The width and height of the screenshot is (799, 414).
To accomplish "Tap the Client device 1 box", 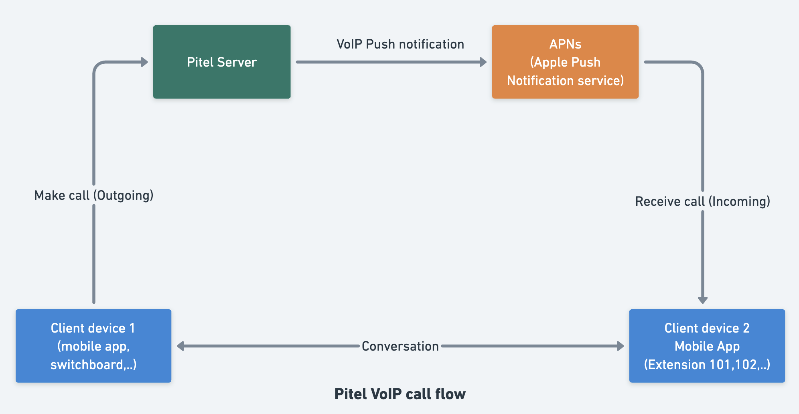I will click(x=93, y=345).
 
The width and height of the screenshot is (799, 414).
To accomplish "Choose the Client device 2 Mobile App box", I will click(x=707, y=345).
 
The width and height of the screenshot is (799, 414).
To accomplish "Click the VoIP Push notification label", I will click(x=400, y=44).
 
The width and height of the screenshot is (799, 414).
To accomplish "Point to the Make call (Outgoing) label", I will click(x=94, y=195).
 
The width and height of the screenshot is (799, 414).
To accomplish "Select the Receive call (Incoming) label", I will click(x=702, y=201).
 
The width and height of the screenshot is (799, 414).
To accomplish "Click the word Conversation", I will click(x=400, y=346).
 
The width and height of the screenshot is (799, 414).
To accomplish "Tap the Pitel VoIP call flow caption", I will click(x=400, y=394).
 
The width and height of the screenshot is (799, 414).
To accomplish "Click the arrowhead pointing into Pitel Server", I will click(x=145, y=62).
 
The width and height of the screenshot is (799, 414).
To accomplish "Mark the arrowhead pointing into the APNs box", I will click(x=483, y=62).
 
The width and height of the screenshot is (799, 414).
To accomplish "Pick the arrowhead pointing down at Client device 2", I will click(x=702, y=300).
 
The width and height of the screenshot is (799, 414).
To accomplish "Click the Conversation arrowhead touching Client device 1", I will click(x=180, y=346).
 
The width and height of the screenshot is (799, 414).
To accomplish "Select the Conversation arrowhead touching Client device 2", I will click(x=621, y=346).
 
